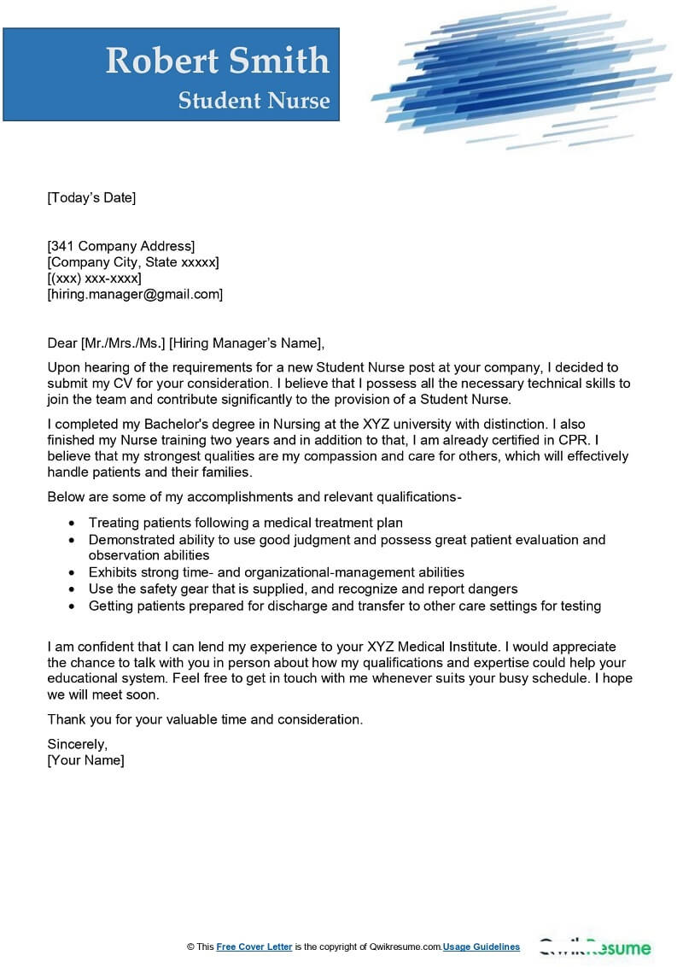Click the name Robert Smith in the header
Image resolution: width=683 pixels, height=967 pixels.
[217, 61]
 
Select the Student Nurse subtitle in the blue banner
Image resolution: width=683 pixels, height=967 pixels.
[254, 101]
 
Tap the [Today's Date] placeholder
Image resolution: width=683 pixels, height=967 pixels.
[91, 197]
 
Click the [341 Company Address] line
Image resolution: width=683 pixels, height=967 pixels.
[120, 246]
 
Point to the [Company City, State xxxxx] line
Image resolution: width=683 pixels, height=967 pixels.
[132, 262]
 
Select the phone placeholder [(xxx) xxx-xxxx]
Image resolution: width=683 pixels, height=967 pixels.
[94, 278]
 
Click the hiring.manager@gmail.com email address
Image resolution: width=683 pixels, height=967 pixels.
[135, 294]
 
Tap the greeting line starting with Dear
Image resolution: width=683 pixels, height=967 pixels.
[186, 343]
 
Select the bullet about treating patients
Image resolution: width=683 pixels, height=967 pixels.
[246, 523]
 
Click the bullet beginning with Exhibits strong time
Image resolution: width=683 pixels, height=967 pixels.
[277, 572]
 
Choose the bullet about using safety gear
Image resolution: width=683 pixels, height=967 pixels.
[303, 589]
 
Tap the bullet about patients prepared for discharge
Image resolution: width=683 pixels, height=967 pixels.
[345, 606]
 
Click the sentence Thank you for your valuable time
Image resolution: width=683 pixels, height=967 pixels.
[205, 719]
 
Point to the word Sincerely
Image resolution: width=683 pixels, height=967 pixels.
[78, 744]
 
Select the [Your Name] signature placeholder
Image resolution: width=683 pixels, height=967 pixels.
[85, 760]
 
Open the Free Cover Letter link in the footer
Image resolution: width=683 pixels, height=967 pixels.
[254, 946]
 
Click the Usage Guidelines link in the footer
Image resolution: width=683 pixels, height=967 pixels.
[482, 946]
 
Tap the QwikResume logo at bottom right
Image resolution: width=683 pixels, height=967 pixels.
[594, 947]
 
